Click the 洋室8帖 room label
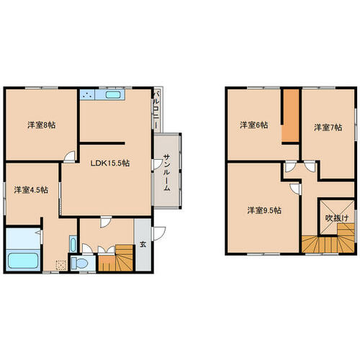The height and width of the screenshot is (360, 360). [42, 125]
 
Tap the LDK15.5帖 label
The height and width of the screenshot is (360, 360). [110, 163]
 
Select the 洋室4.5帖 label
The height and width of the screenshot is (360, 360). [31, 190]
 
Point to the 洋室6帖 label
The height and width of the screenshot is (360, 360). [254, 125]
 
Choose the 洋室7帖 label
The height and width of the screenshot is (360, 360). [328, 127]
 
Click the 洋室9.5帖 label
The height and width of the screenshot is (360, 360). [264, 210]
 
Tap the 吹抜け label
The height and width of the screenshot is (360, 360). [337, 218]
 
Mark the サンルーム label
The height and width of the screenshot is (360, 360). [167, 173]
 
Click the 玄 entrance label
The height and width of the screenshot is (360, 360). [143, 244]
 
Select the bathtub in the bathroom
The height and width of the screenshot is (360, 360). [23, 261]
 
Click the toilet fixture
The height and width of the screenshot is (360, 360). [79, 264]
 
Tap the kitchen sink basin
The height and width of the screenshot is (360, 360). [112, 95]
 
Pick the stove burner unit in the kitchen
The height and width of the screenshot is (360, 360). [87, 95]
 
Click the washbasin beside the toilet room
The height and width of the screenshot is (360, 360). [73, 244]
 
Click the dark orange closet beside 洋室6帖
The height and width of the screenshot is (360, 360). [291, 116]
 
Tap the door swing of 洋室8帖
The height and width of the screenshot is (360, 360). [70, 156]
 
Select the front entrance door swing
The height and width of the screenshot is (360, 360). [159, 233]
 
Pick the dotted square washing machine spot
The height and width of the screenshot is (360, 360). [61, 265]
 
